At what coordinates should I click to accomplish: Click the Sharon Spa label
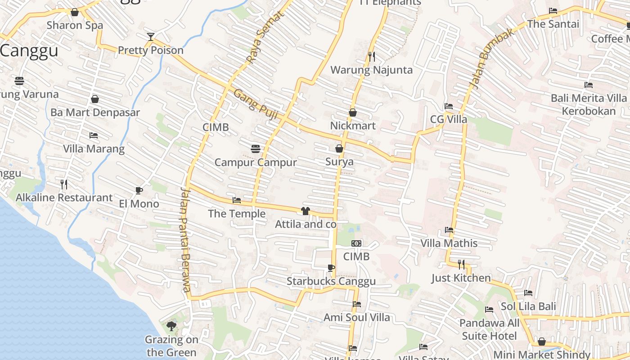[75, 25]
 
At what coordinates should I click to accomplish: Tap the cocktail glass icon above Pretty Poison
[151, 37]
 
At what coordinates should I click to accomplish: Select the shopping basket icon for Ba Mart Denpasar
[95, 99]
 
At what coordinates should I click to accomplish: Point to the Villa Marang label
[94, 148]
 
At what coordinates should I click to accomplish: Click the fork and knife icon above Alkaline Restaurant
[64, 184]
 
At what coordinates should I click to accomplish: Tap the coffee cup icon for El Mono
[139, 191]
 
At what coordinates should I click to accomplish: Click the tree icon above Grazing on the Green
[171, 326]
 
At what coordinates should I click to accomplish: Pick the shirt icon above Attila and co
[306, 211]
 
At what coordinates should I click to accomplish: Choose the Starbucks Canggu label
[331, 282]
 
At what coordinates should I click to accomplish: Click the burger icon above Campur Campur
[256, 148]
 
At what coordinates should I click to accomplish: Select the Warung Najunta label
[371, 70]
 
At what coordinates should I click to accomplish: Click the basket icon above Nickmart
[353, 112]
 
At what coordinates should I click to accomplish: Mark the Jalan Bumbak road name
[491, 58]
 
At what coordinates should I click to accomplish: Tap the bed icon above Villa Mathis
[449, 230]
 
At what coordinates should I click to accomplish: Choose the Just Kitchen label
[461, 278]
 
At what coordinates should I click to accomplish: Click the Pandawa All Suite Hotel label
[489, 329]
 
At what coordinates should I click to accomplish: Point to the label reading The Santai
[553, 24]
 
